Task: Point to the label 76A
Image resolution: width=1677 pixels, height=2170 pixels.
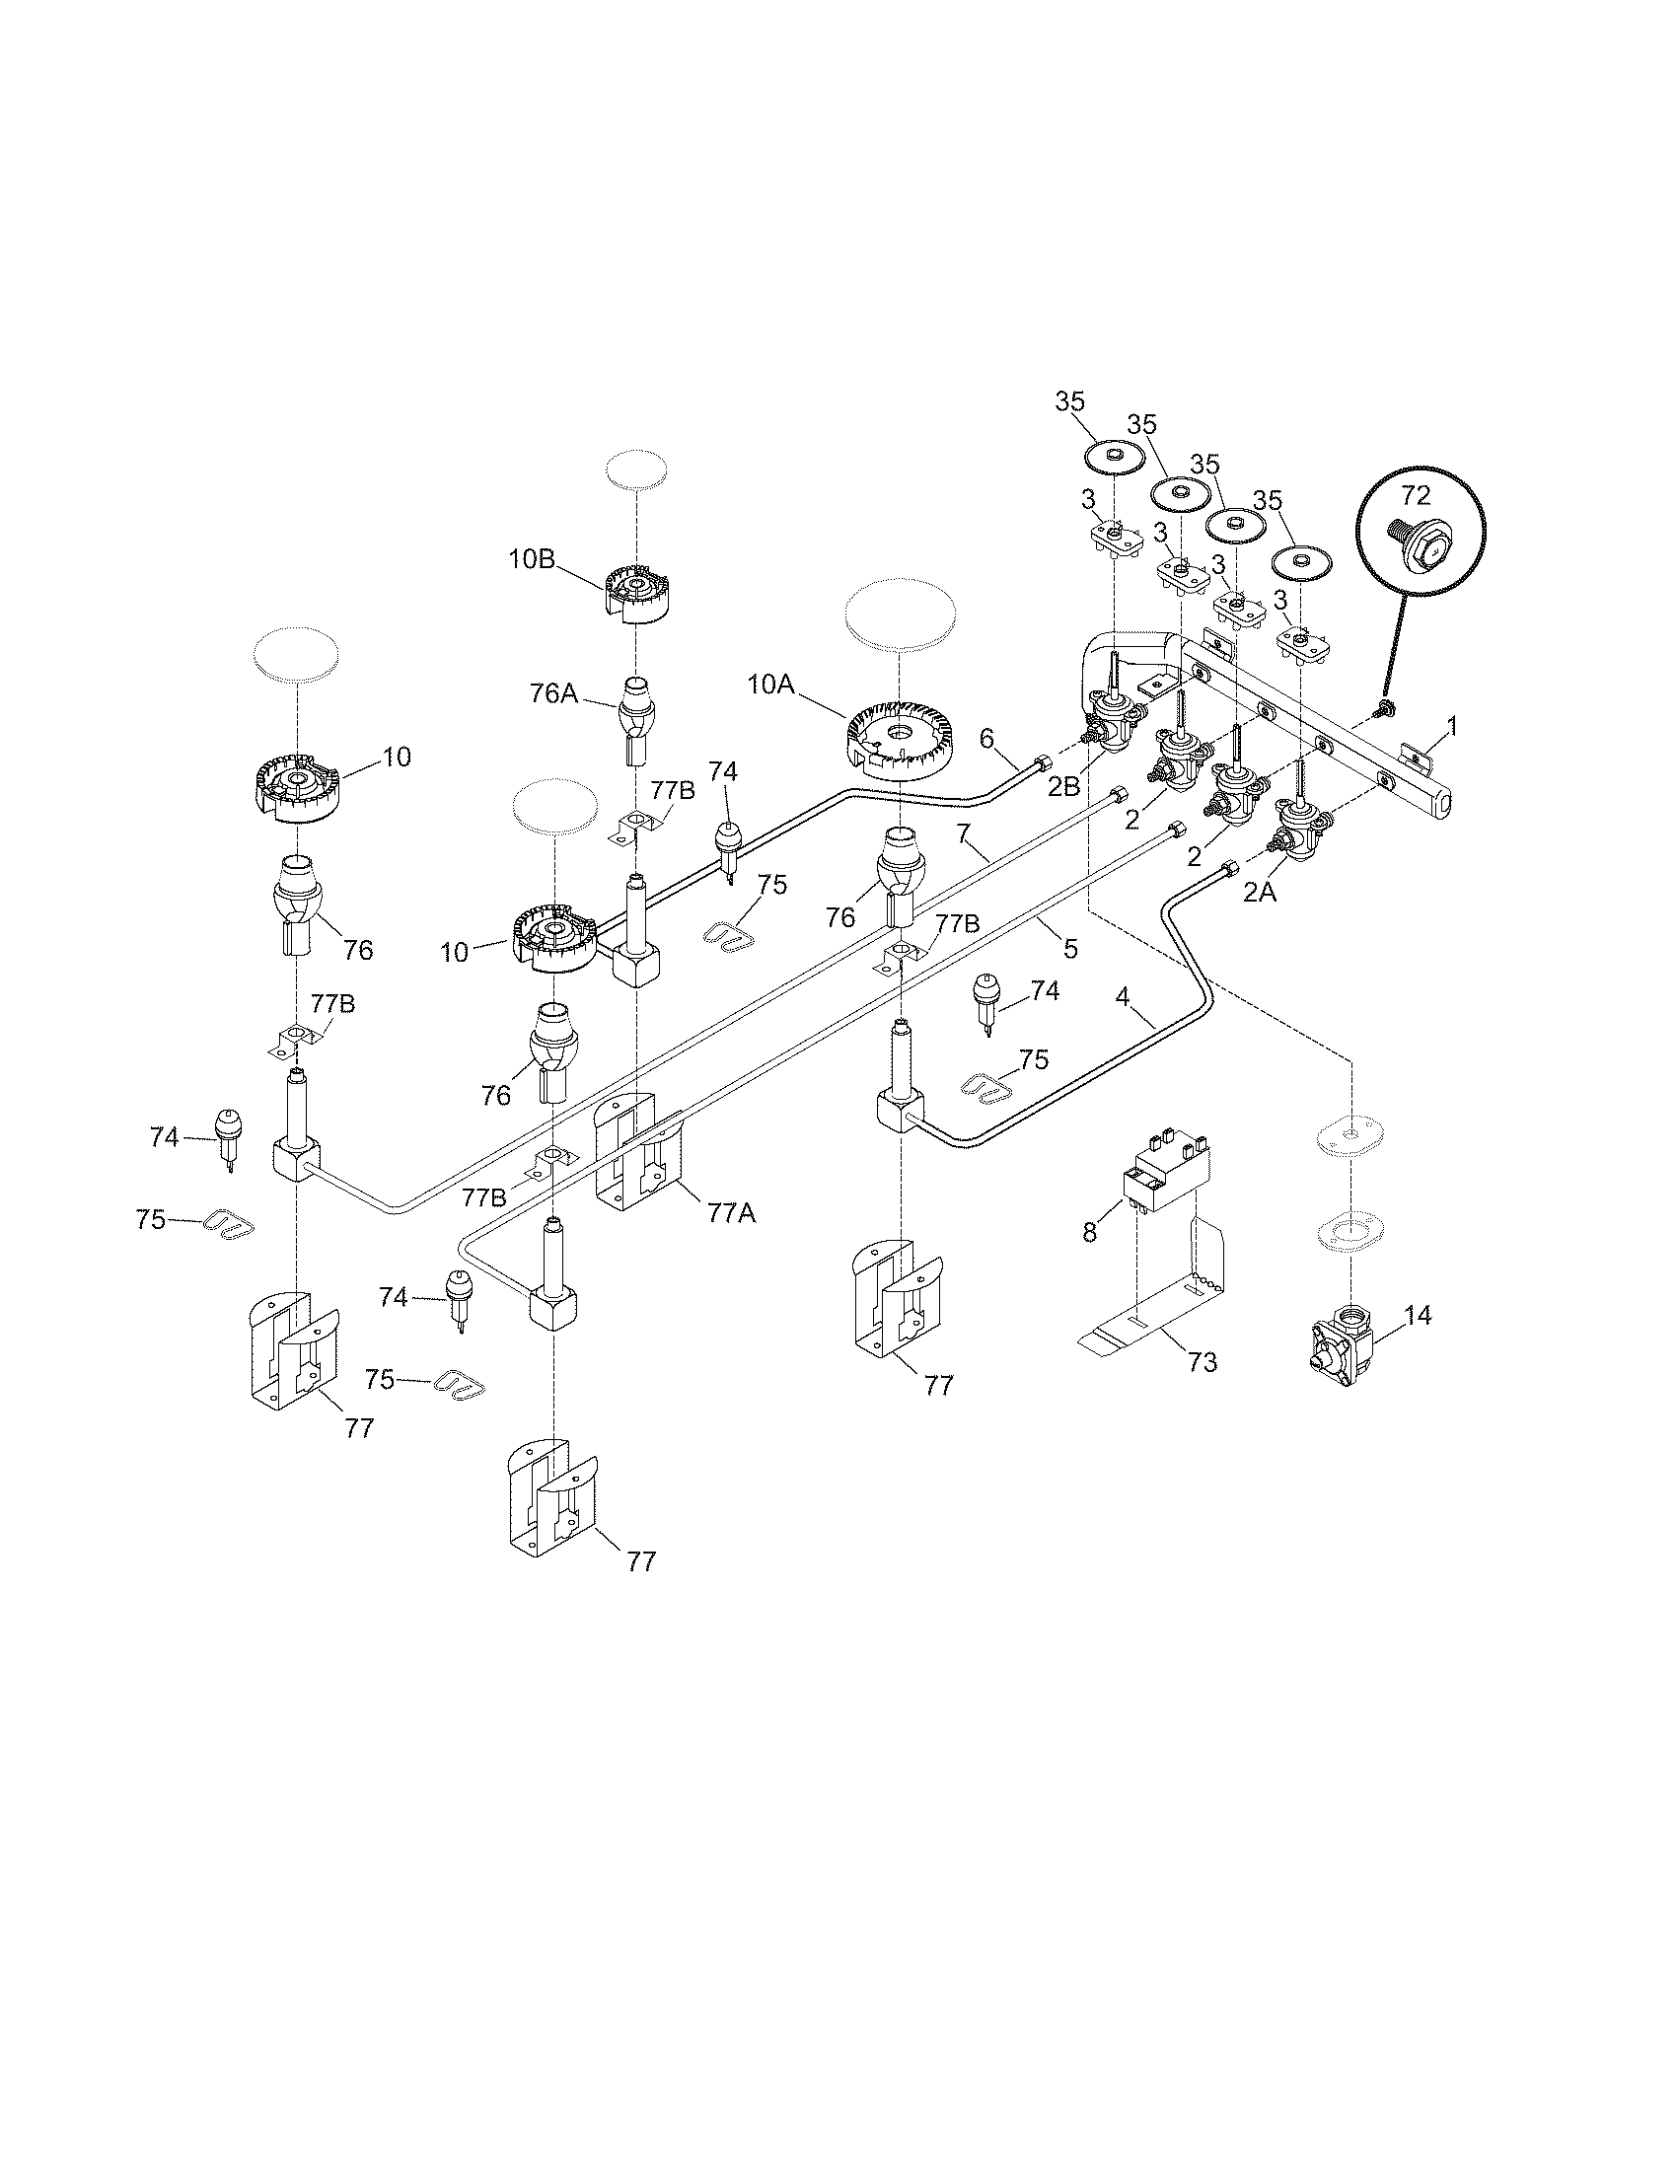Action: click(553, 692)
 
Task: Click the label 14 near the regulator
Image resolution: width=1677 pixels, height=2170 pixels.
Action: click(1418, 1316)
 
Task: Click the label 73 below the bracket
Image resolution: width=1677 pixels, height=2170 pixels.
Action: click(1203, 1361)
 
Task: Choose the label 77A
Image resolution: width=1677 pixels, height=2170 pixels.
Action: click(732, 1212)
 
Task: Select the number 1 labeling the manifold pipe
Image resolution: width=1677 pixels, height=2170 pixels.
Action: click(1452, 727)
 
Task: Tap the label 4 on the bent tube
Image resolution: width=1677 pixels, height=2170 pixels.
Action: click(1122, 996)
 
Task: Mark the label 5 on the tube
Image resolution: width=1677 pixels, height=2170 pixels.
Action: click(1070, 948)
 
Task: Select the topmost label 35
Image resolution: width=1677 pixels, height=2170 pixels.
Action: click(1070, 401)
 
